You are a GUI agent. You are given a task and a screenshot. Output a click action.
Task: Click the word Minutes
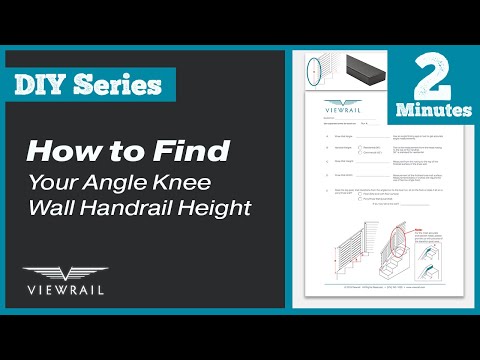click(433, 105)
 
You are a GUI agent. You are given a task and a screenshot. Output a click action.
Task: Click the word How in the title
click(59, 152)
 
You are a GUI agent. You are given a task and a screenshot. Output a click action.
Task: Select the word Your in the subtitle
click(58, 183)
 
